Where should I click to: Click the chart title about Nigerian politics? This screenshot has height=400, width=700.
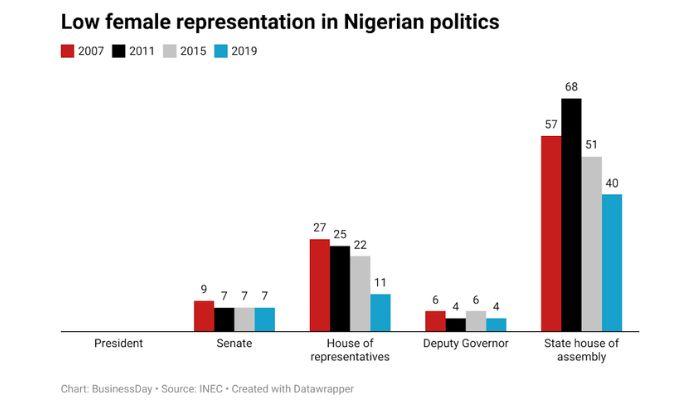pos(280,21)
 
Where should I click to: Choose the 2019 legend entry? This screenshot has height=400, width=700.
pos(237,51)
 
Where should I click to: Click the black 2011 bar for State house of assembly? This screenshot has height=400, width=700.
pos(571,215)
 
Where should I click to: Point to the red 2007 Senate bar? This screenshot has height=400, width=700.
pos(203,315)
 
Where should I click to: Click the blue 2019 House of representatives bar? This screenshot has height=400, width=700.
pos(380,312)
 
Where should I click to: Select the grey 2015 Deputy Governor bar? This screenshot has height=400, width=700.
pos(476,320)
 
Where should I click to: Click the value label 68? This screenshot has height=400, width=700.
pos(571,88)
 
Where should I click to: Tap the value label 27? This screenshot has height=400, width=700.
pos(319,229)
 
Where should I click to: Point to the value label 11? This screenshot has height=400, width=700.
pos(380,284)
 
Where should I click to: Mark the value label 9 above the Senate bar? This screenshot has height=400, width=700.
pos(203,290)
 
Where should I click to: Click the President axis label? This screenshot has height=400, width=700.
pos(118,343)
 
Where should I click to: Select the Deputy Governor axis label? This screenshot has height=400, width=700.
pos(466,343)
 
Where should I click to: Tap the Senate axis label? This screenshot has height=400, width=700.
pos(234,343)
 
